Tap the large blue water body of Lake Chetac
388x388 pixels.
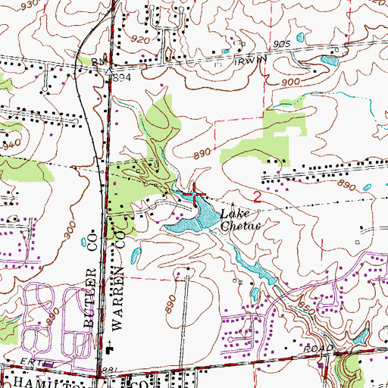tap(186, 221)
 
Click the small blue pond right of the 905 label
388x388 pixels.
tap(301, 37)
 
